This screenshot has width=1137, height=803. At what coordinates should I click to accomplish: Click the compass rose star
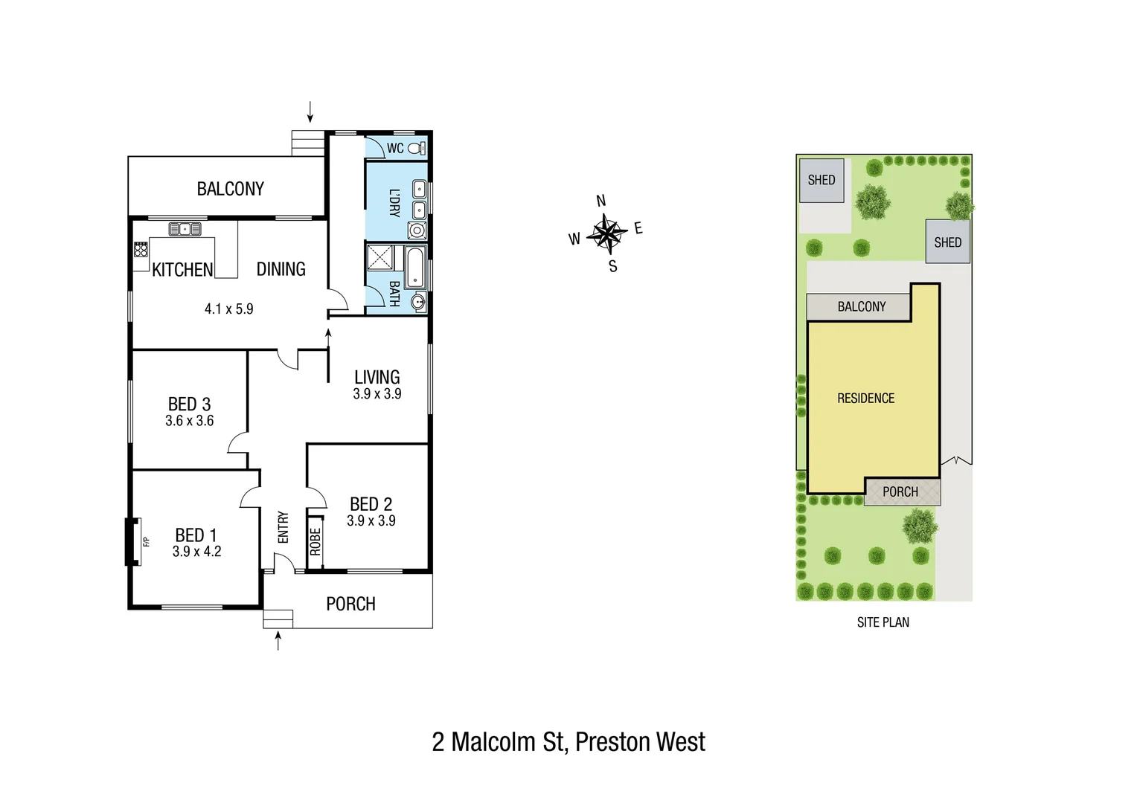click(608, 233)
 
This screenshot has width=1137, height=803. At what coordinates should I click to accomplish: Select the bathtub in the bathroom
click(415, 268)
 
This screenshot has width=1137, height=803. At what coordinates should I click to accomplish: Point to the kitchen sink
click(185, 229)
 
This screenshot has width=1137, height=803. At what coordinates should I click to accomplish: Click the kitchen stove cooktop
click(141, 250)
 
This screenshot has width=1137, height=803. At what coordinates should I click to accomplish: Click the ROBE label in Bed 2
click(316, 541)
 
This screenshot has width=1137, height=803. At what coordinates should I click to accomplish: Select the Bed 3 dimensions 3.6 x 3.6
click(190, 421)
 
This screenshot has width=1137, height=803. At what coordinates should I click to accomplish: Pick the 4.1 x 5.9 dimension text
click(229, 309)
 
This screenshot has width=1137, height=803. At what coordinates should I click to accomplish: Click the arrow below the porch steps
click(278, 641)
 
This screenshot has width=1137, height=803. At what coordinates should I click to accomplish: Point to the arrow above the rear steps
click(310, 112)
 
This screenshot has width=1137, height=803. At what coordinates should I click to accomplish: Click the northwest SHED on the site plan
click(821, 180)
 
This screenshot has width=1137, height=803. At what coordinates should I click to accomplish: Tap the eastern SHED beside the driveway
click(947, 242)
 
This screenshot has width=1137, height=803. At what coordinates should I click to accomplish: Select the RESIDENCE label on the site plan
click(865, 399)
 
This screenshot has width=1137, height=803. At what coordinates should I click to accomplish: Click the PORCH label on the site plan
click(900, 492)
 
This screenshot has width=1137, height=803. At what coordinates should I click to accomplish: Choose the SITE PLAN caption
click(883, 622)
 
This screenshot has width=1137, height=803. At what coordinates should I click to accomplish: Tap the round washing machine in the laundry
click(417, 230)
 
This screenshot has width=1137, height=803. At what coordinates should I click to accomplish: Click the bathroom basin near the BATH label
click(418, 301)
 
